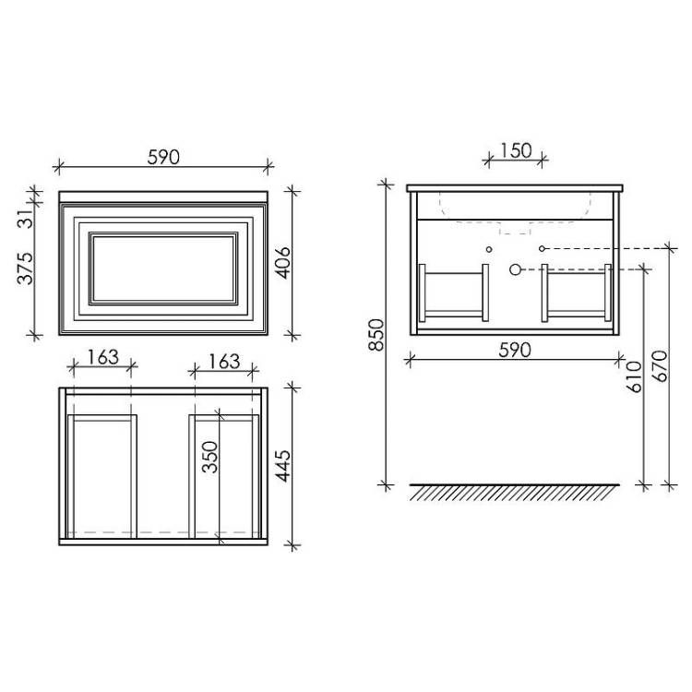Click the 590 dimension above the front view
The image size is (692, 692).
pyautogui.click(x=163, y=157)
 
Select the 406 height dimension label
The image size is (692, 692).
pyautogui.click(x=283, y=263)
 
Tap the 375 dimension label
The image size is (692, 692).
pyautogui.click(x=25, y=268)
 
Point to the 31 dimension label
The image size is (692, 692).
pyautogui.click(x=26, y=218)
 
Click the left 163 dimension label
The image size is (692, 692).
pyautogui.click(x=102, y=357)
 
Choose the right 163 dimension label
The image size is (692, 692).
pyautogui.click(x=224, y=362)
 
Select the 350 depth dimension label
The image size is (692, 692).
pyautogui.click(x=211, y=458)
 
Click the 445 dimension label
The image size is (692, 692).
pyautogui.click(x=283, y=466)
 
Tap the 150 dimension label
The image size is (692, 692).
pyautogui.click(x=516, y=151)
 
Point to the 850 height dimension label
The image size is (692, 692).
pyautogui.click(x=376, y=335)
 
